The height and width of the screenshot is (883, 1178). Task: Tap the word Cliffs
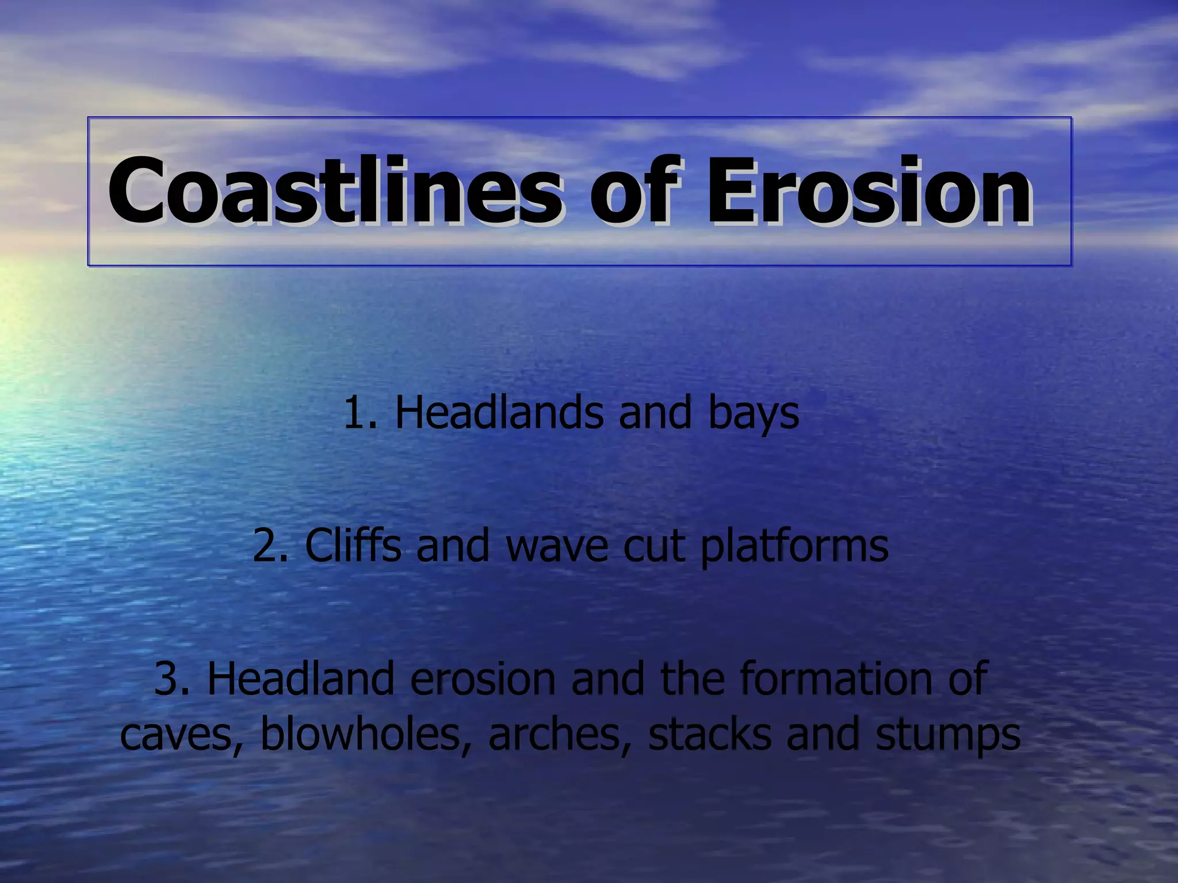pos(353,546)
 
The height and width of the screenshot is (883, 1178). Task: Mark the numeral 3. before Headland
pos(173,679)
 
